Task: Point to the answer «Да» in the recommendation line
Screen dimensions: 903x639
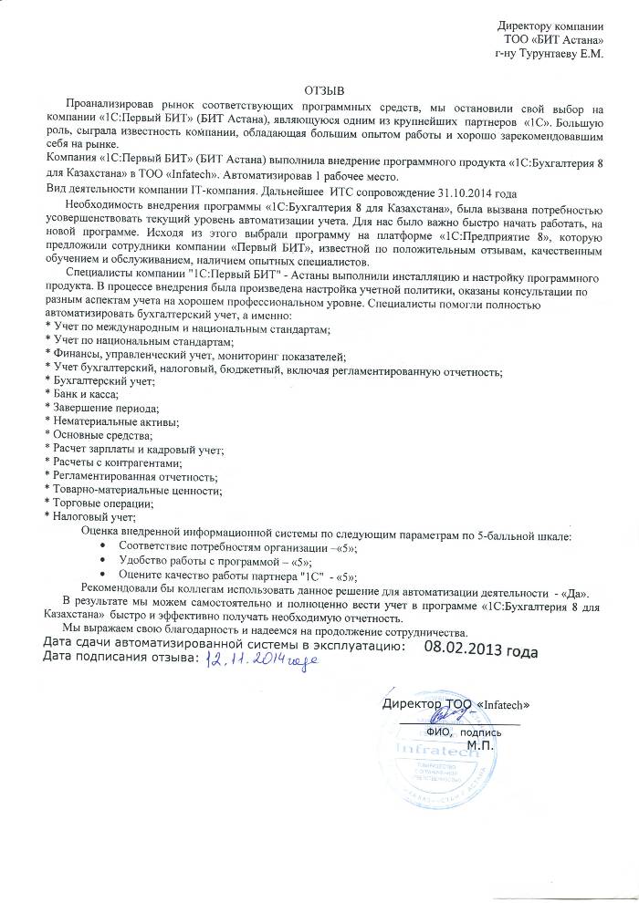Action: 579,589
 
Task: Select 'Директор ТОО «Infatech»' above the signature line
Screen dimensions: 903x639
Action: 456,705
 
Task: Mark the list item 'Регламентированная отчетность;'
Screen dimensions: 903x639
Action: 123,477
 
